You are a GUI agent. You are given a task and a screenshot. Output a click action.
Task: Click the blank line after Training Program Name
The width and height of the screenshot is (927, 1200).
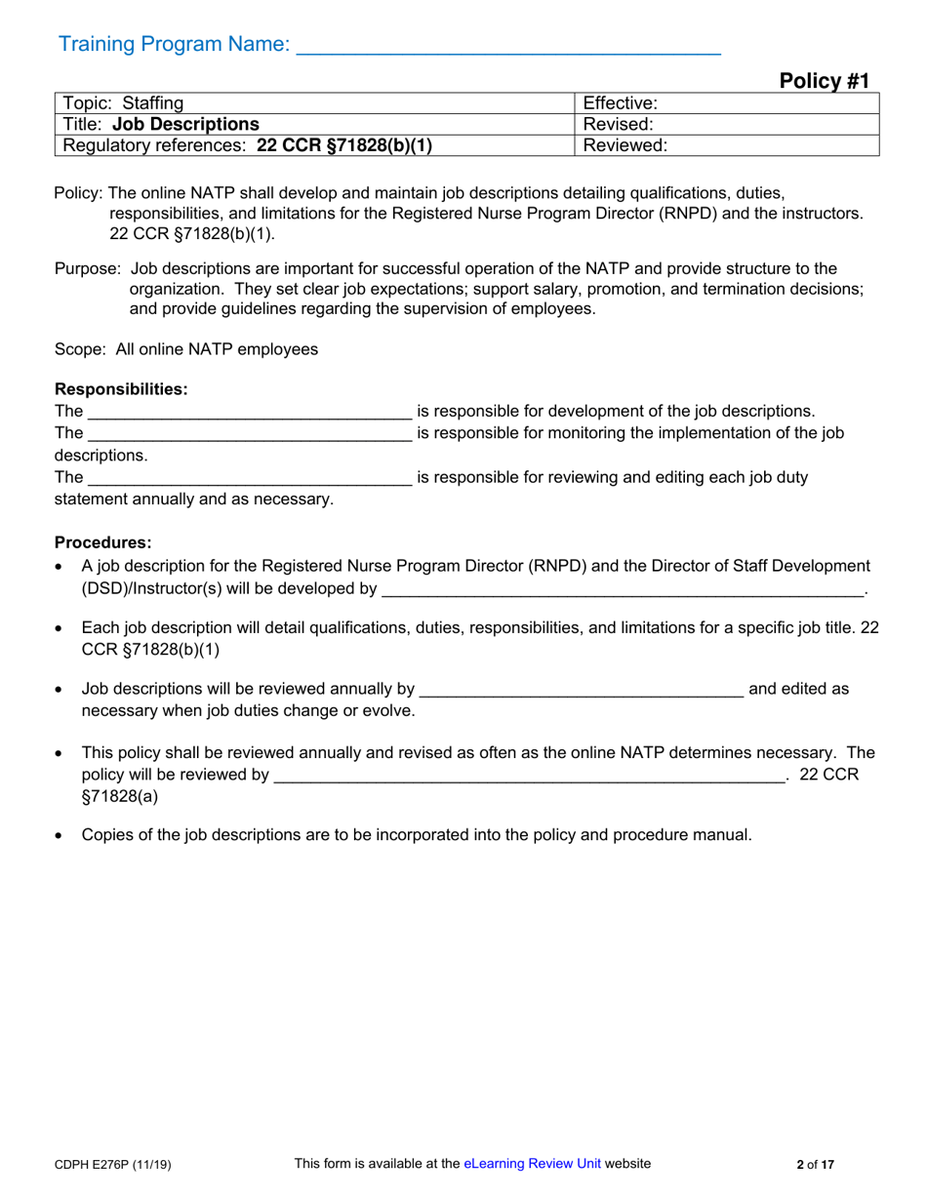507,45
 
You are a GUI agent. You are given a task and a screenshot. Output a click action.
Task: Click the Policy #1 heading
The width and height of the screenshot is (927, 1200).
824,81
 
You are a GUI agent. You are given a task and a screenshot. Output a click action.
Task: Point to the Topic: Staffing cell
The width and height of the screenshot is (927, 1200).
123,102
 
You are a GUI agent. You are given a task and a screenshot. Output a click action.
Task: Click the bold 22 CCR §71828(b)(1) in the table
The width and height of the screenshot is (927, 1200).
343,145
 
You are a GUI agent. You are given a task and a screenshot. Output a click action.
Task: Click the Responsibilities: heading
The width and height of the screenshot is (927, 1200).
121,389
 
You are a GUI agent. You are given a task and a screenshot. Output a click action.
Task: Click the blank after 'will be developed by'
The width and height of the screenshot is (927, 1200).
623,590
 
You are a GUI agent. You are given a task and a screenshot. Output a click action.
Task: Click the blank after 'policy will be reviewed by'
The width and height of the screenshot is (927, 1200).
530,777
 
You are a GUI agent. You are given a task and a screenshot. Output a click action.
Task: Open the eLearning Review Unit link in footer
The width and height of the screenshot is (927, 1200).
532,1163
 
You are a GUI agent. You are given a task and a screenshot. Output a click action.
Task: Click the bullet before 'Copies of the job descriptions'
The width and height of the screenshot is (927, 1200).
61,836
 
